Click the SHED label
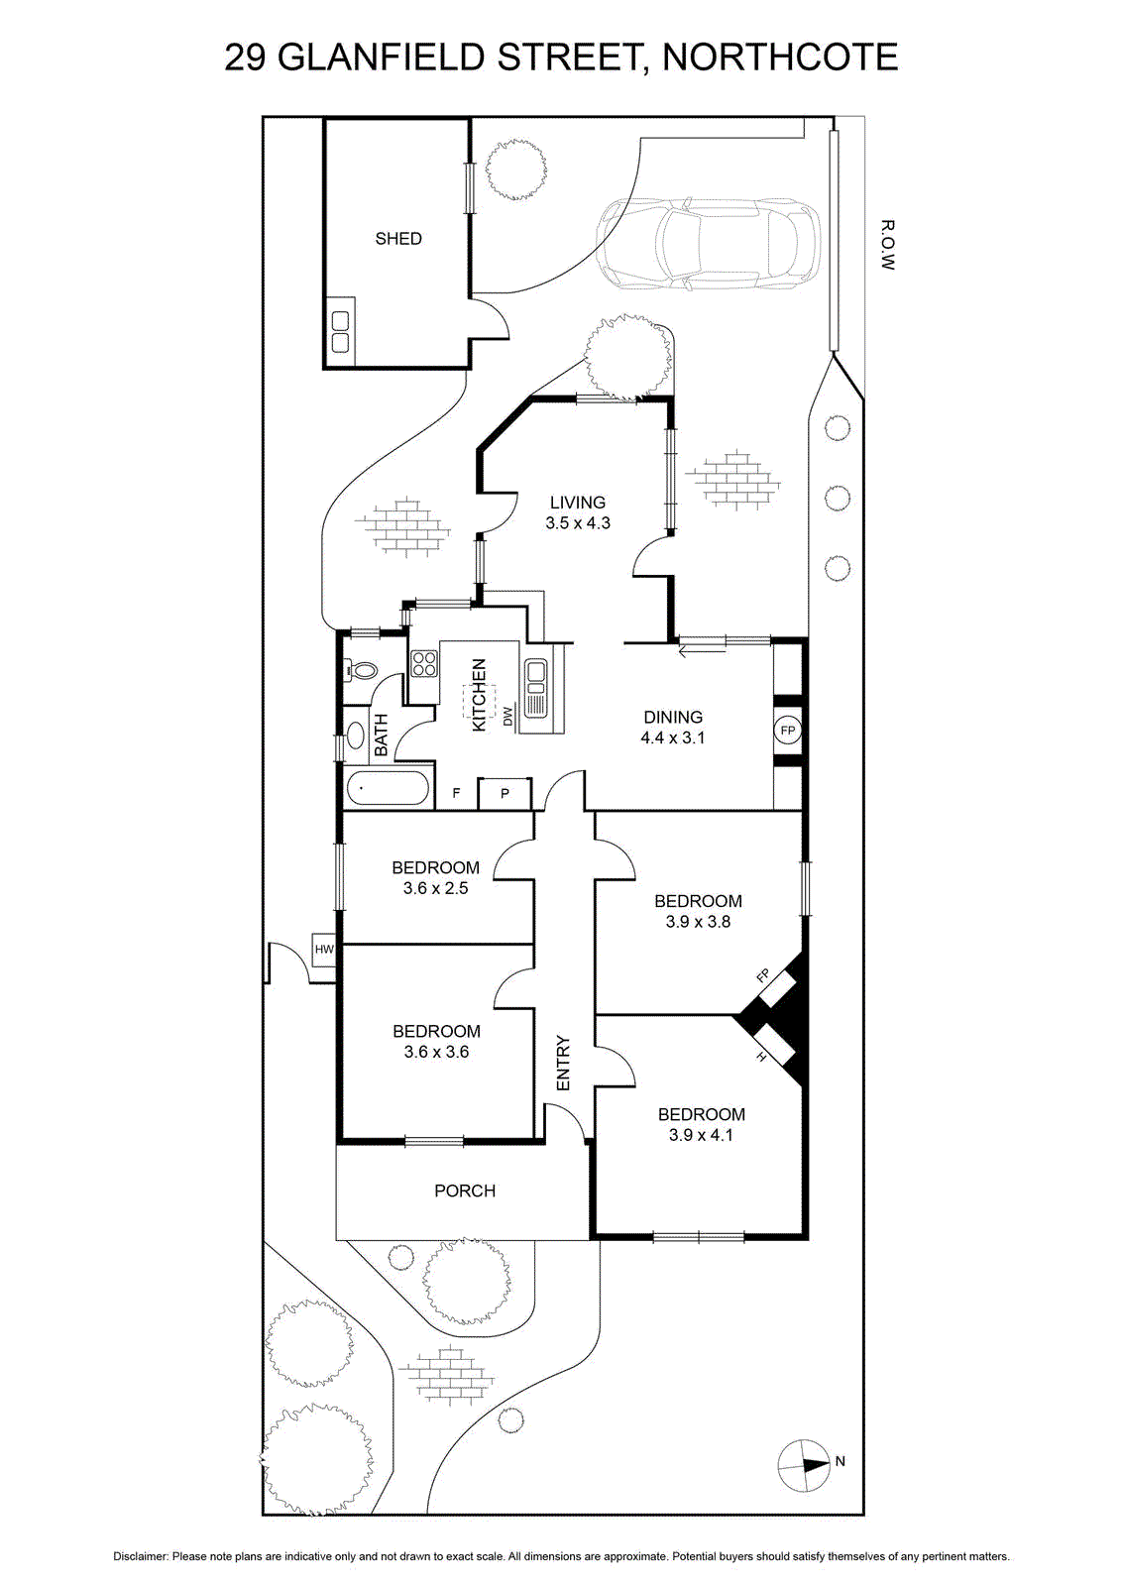point(397,239)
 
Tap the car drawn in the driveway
point(708,244)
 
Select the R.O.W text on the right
point(887,245)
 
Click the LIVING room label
point(578,502)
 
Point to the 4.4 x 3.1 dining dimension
point(672,737)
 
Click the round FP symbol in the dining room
point(787,730)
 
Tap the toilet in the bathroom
point(361,670)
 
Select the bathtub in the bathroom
point(388,787)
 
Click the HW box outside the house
point(324,949)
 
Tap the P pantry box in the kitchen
point(505,794)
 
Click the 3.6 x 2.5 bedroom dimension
point(435,888)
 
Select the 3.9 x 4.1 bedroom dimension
point(701,1135)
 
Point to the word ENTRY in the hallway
point(563,1063)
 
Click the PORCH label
point(465,1190)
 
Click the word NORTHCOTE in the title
point(780,58)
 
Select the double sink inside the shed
point(341,332)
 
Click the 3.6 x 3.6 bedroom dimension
point(436,1052)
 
